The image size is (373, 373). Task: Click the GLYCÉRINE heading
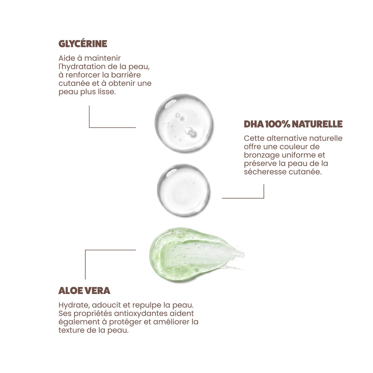pos(83,44)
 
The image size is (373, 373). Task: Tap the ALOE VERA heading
pos(84,291)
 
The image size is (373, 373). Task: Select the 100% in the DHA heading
pos(277,124)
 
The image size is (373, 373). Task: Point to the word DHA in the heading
pos(254,124)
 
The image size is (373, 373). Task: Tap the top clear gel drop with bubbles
pos(184,123)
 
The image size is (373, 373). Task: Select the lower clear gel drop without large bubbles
pos(183,190)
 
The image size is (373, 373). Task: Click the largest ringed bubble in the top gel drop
pos(189,131)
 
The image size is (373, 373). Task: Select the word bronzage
pos(262,155)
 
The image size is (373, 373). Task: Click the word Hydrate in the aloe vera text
pos(74,305)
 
